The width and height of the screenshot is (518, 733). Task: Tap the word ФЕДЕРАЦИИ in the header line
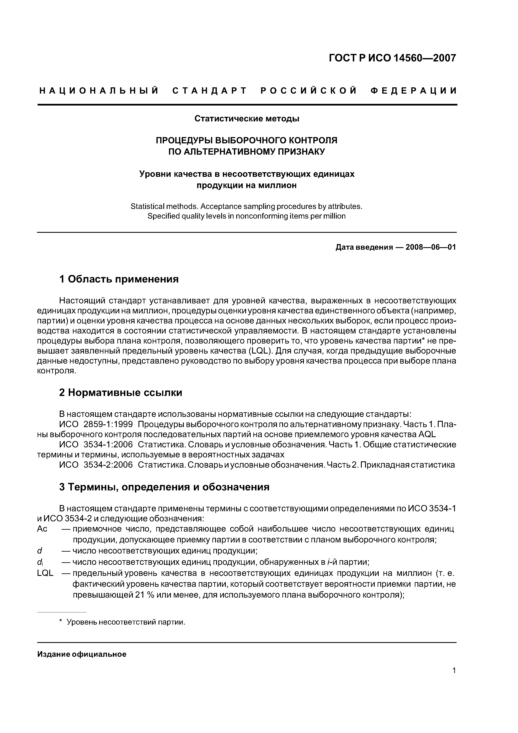pos(414,91)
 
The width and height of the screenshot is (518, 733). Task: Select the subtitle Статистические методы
pos(247,119)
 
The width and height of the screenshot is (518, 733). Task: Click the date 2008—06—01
pos(430,247)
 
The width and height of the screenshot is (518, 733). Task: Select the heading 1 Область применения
pos(119,279)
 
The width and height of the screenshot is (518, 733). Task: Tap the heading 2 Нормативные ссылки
pos(121,392)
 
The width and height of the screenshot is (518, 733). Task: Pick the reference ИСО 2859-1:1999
pos(96,424)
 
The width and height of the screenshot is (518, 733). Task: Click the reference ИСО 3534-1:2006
pos(96,444)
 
